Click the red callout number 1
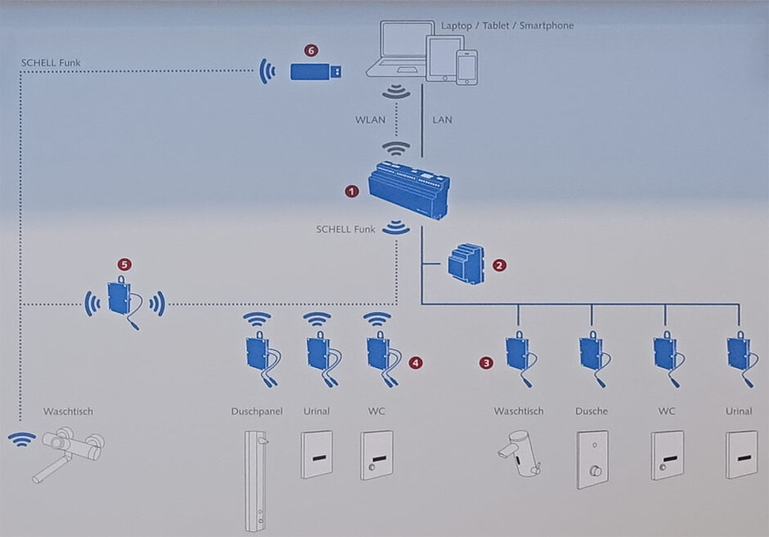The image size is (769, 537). pos(352,191)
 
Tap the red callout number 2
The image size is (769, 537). pos(499,266)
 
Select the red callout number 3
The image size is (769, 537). pos(486,363)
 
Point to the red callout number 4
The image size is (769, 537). pos(416,363)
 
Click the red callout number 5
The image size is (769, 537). pos(124,265)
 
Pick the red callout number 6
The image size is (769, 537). pos(311,50)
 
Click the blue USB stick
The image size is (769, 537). pos(316,72)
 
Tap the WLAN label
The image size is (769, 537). pos(371,119)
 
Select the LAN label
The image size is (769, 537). pos(442,119)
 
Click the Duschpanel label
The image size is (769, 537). pos(257,412)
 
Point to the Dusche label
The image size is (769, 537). pos(591,411)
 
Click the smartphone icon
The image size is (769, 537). pos(467,67)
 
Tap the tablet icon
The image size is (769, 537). pos(445,58)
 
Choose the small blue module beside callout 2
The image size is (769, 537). pos(466,263)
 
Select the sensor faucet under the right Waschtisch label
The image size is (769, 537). pos(519,453)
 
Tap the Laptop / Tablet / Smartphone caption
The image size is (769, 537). pos(507,25)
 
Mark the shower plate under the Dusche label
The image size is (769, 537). pos(592,459)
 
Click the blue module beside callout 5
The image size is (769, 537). pos(119,298)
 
